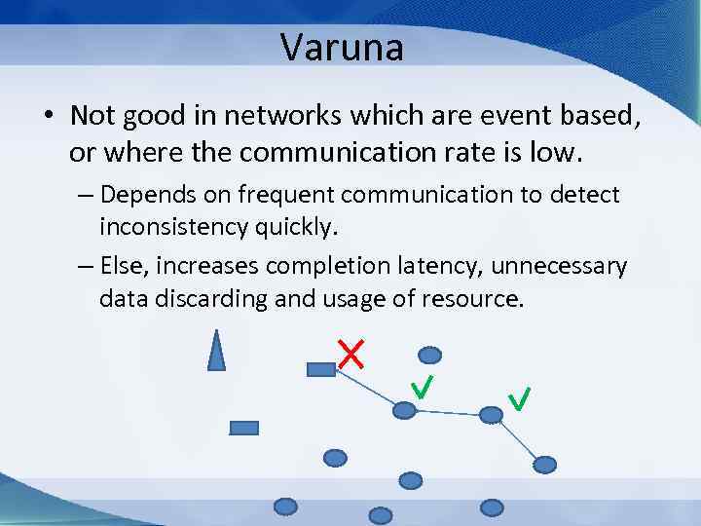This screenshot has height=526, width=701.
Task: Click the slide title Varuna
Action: [x=342, y=47]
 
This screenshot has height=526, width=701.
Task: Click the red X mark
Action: [x=350, y=355]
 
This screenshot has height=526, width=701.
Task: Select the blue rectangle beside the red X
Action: [x=320, y=369]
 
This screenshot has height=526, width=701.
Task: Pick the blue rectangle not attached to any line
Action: [x=243, y=427]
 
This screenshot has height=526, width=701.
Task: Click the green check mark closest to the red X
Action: [x=422, y=389]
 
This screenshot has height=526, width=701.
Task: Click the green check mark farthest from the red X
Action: [x=519, y=397]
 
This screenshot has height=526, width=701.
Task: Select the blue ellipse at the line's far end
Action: [x=545, y=464]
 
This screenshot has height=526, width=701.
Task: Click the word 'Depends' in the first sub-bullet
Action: [x=142, y=195]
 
